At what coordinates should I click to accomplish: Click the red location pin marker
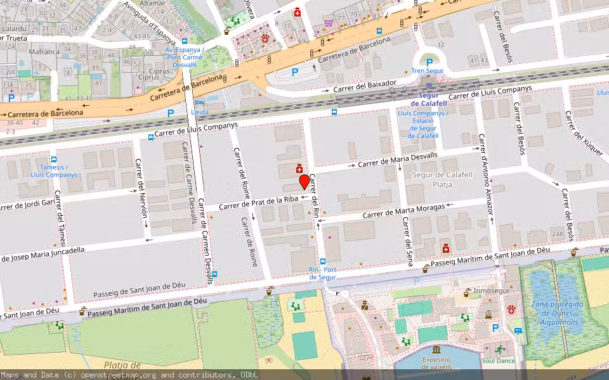pyautogui.click(x=304, y=182)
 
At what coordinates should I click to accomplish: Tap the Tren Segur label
pyautogui.click(x=427, y=71)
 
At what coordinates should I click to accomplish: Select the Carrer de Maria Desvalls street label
pyautogui.click(x=397, y=160)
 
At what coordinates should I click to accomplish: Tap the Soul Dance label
pyautogui.click(x=499, y=361)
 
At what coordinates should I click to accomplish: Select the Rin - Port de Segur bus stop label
pyautogui.click(x=322, y=273)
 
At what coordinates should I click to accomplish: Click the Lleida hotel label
pyautogui.click(x=200, y=112)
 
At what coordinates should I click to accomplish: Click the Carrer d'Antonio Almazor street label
pyautogui.click(x=486, y=180)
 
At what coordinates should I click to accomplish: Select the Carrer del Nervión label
pyautogui.click(x=143, y=188)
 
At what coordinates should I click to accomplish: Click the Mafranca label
pyautogui.click(x=44, y=51)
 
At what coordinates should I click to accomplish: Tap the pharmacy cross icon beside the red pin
pyautogui.click(x=298, y=169)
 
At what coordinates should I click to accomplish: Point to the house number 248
pyautogui.click(x=557, y=235)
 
